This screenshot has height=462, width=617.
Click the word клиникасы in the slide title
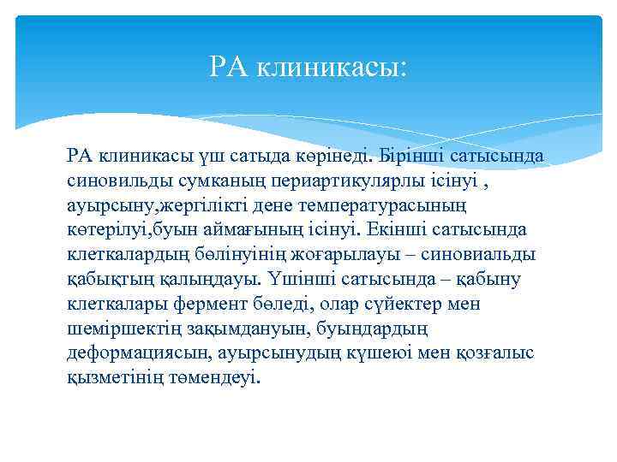click(x=329, y=66)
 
